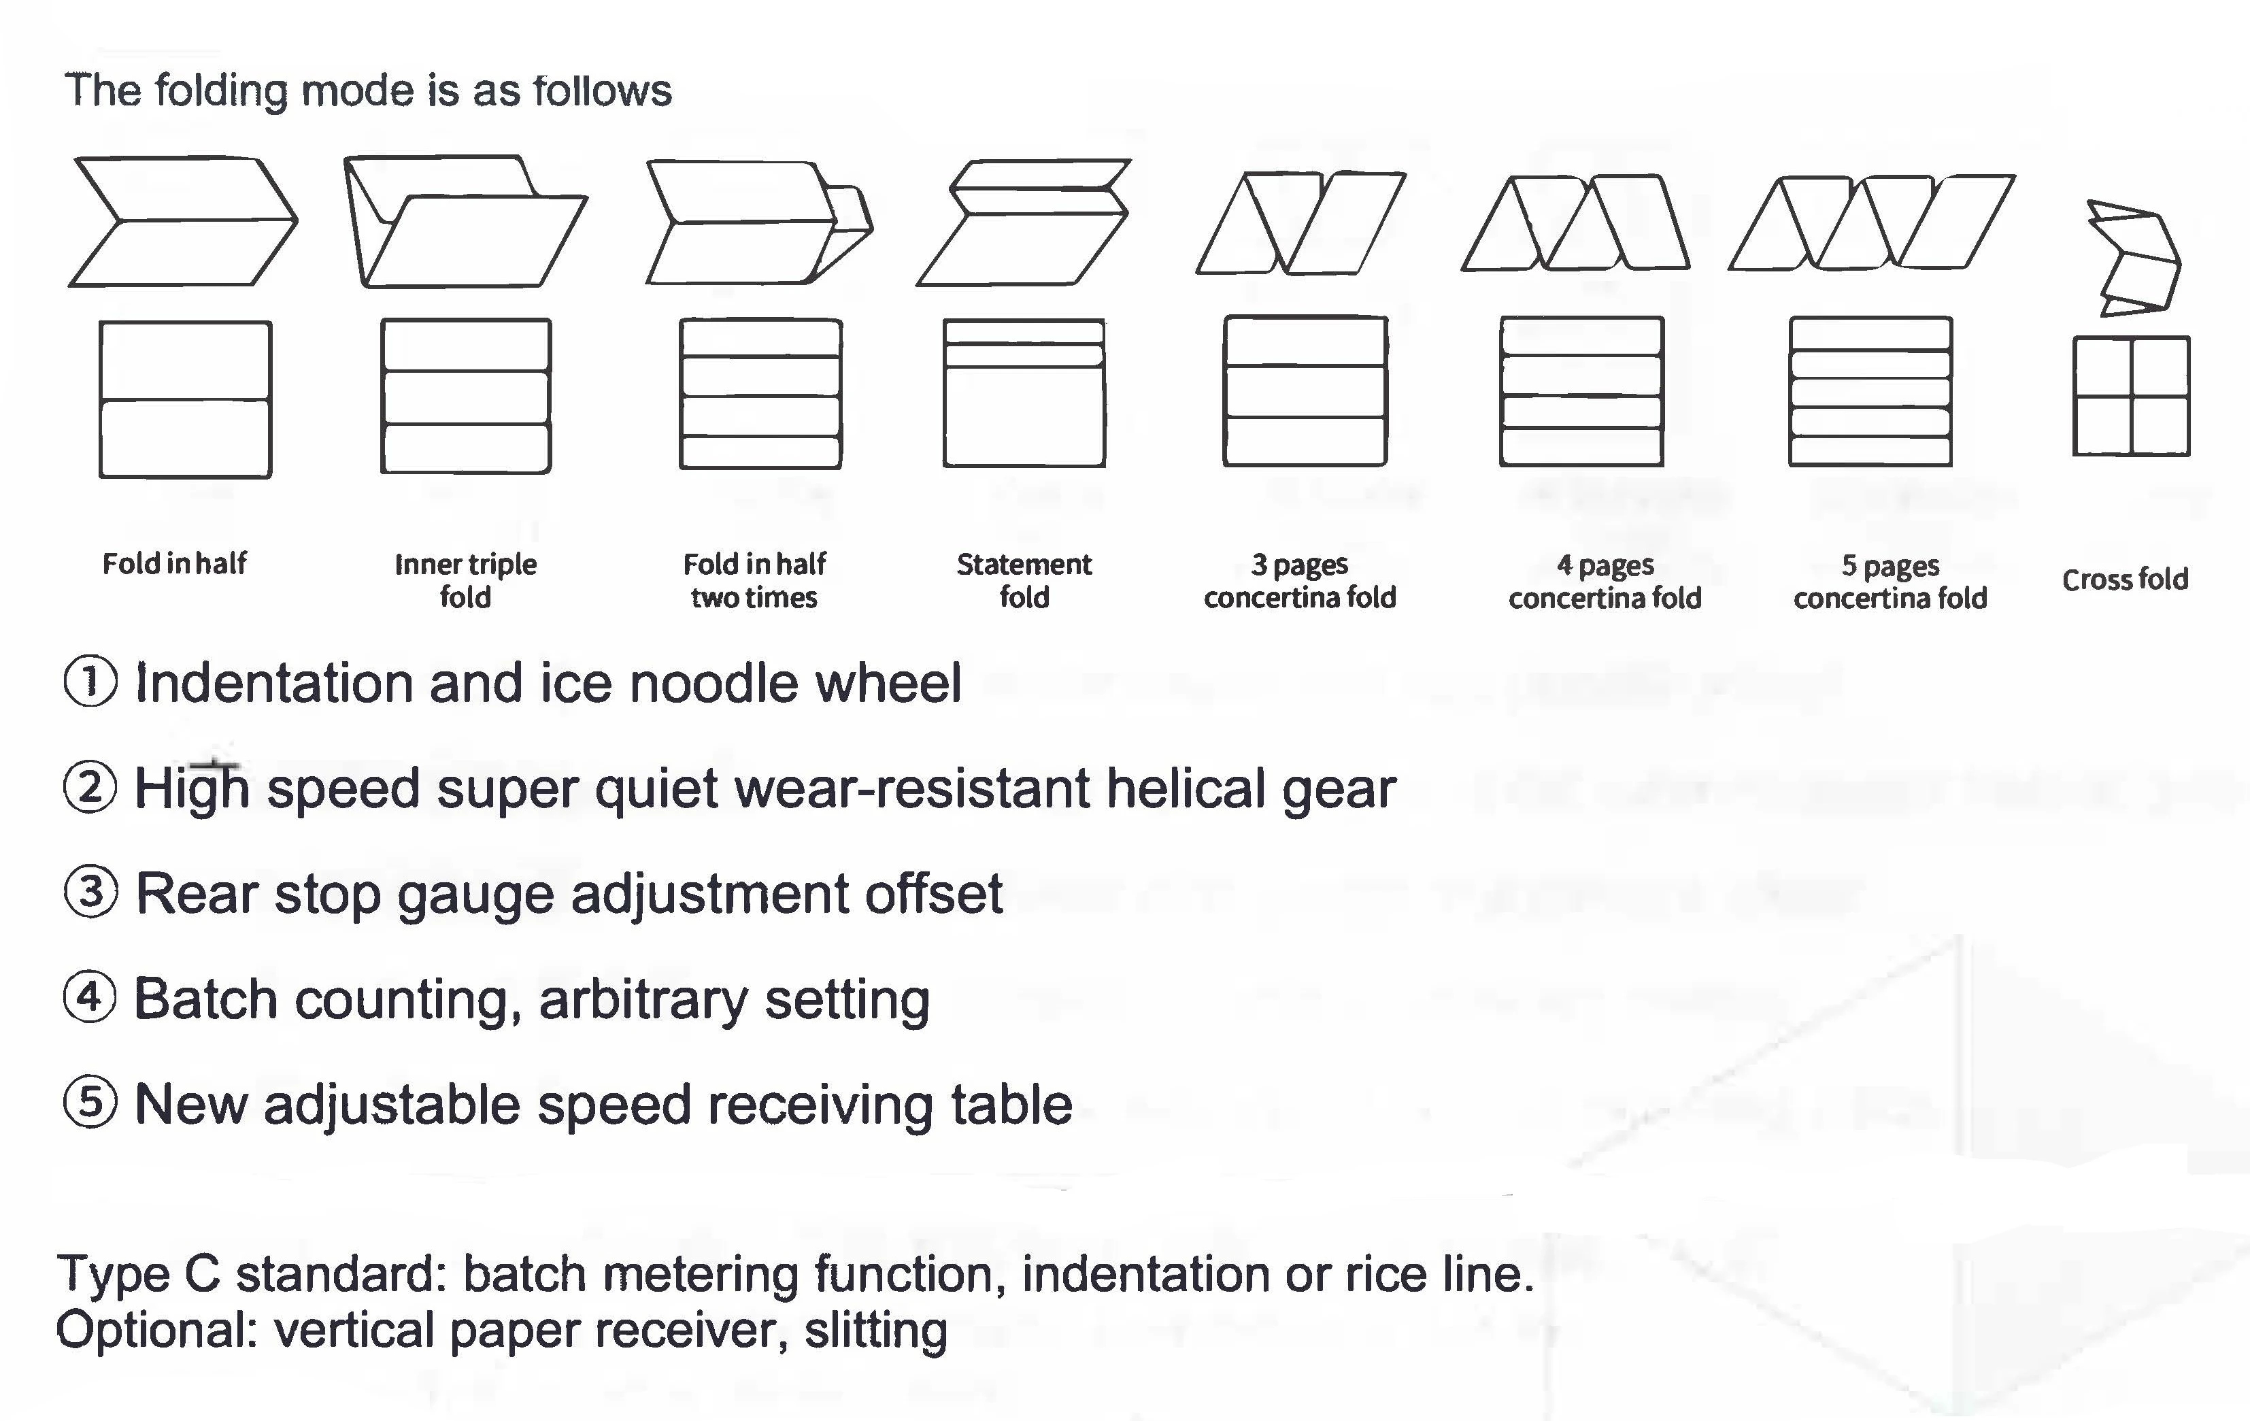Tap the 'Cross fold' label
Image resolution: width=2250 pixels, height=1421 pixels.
click(2125, 580)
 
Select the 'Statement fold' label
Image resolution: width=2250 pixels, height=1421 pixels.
click(1024, 580)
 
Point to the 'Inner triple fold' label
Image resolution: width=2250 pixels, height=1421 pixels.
click(465, 580)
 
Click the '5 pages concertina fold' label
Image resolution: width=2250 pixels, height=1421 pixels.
click(1890, 581)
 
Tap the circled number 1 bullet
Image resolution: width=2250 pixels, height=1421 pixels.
click(90, 682)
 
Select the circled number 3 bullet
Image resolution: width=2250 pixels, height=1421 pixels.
click(90, 892)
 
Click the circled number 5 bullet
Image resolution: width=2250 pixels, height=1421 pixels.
click(90, 1103)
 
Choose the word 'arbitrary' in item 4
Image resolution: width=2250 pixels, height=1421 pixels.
click(643, 999)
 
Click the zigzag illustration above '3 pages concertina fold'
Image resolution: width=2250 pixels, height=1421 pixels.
click(1300, 222)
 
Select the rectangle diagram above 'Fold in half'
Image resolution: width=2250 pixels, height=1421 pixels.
click(185, 400)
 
